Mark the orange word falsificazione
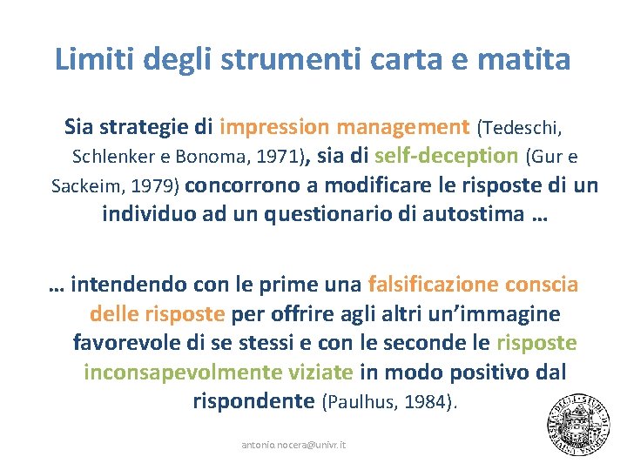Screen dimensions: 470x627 pos(431,285)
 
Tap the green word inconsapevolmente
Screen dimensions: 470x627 pos(218,373)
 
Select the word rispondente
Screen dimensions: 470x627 pos(253,401)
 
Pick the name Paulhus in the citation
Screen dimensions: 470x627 pos(364,402)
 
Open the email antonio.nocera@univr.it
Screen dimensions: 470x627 pos(293,445)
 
